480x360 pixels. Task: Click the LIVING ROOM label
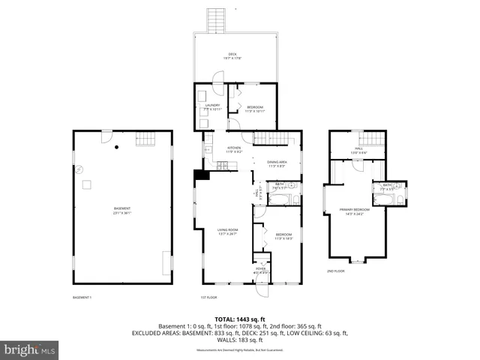click(x=227, y=232)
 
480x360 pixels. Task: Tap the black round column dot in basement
click(x=116, y=146)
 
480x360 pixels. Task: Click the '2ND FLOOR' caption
click(x=335, y=271)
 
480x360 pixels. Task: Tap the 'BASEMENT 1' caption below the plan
click(x=82, y=297)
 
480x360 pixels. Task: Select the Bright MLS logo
click(x=30, y=349)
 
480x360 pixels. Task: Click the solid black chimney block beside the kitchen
click(x=201, y=175)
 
